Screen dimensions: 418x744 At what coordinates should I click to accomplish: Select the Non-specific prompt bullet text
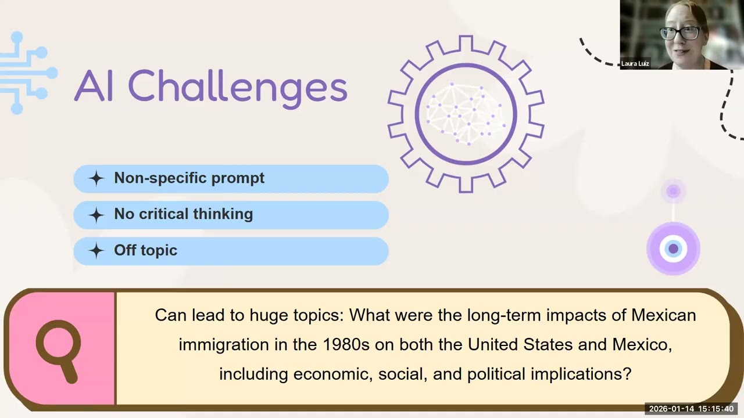189,178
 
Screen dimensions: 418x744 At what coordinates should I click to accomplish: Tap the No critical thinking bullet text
183,214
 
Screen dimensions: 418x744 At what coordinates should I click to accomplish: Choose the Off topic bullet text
145,250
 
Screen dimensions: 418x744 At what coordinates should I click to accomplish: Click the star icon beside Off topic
96,251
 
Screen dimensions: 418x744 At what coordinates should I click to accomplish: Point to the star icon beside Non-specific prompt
96,179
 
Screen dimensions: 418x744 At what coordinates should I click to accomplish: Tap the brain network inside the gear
466,113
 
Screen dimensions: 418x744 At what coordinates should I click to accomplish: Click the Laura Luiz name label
635,64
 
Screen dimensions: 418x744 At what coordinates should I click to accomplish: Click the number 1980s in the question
346,344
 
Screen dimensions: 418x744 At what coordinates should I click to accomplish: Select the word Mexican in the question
663,315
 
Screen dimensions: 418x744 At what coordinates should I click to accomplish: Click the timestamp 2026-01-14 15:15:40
691,409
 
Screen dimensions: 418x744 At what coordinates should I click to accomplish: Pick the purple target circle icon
673,249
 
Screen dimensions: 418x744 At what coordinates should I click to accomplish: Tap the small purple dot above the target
673,191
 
